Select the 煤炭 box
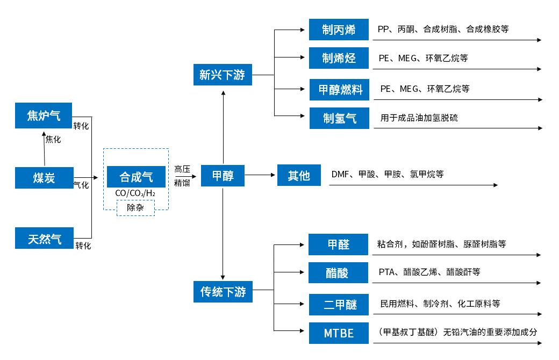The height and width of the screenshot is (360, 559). coord(44,177)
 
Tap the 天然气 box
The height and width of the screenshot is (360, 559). coord(44,238)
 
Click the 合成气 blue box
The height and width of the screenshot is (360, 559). coord(135,177)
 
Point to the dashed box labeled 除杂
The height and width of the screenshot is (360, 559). coord(135,207)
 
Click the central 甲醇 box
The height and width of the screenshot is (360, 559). coord(223,176)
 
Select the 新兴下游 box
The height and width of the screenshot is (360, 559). coord(222,75)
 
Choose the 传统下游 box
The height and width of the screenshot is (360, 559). coord(223,292)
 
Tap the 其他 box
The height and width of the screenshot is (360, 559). coord(299,176)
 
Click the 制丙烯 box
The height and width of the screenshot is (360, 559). coord(339,30)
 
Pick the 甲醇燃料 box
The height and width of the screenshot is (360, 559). coord(340,90)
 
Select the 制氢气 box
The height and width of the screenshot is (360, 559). coord(339,118)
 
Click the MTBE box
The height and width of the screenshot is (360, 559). coord(339,333)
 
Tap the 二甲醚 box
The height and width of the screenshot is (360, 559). coord(339,305)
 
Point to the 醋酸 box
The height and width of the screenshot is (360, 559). coord(338,273)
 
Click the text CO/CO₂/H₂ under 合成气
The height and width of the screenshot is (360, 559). coord(135,193)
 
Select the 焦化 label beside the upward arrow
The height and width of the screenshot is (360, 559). coord(53,139)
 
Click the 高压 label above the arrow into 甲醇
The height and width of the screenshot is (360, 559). coord(182,169)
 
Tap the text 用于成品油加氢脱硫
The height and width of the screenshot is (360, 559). coord(419,118)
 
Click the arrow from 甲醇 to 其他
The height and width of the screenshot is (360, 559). coord(260,175)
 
